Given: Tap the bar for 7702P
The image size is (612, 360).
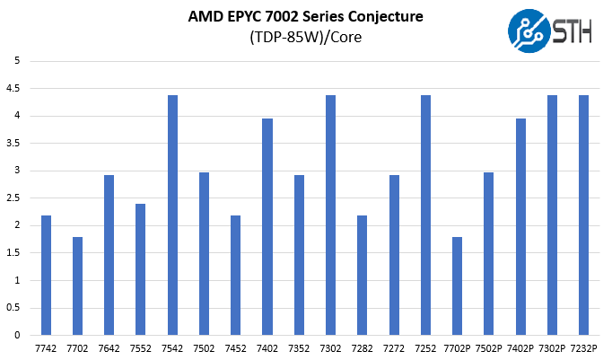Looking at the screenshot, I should [x=458, y=285].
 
